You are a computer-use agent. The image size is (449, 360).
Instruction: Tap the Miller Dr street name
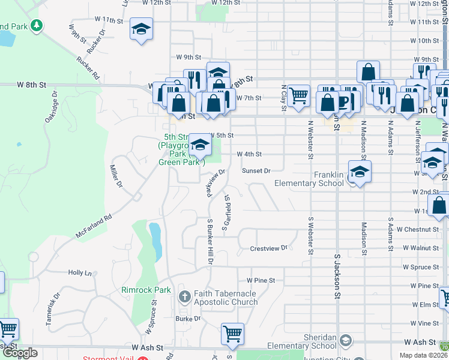point(116,175)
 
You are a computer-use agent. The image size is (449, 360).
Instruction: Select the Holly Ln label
point(80,272)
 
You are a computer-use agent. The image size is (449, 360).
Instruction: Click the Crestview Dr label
point(269,248)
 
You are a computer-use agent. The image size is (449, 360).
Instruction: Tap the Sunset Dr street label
point(256,171)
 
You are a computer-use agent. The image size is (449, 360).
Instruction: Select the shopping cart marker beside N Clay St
point(298,95)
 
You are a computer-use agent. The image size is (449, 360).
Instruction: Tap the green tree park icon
point(37,25)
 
